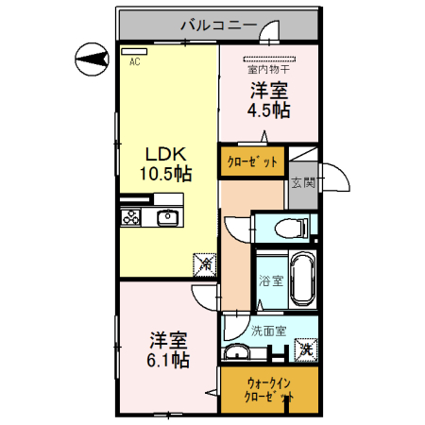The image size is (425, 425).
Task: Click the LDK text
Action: (x=167, y=153)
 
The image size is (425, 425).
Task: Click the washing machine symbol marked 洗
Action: (x=305, y=349)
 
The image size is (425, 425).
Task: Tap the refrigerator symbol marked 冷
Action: (x=204, y=264)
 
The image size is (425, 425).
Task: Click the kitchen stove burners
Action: (x=130, y=218)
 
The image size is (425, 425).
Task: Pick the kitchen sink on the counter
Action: (x=167, y=218)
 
